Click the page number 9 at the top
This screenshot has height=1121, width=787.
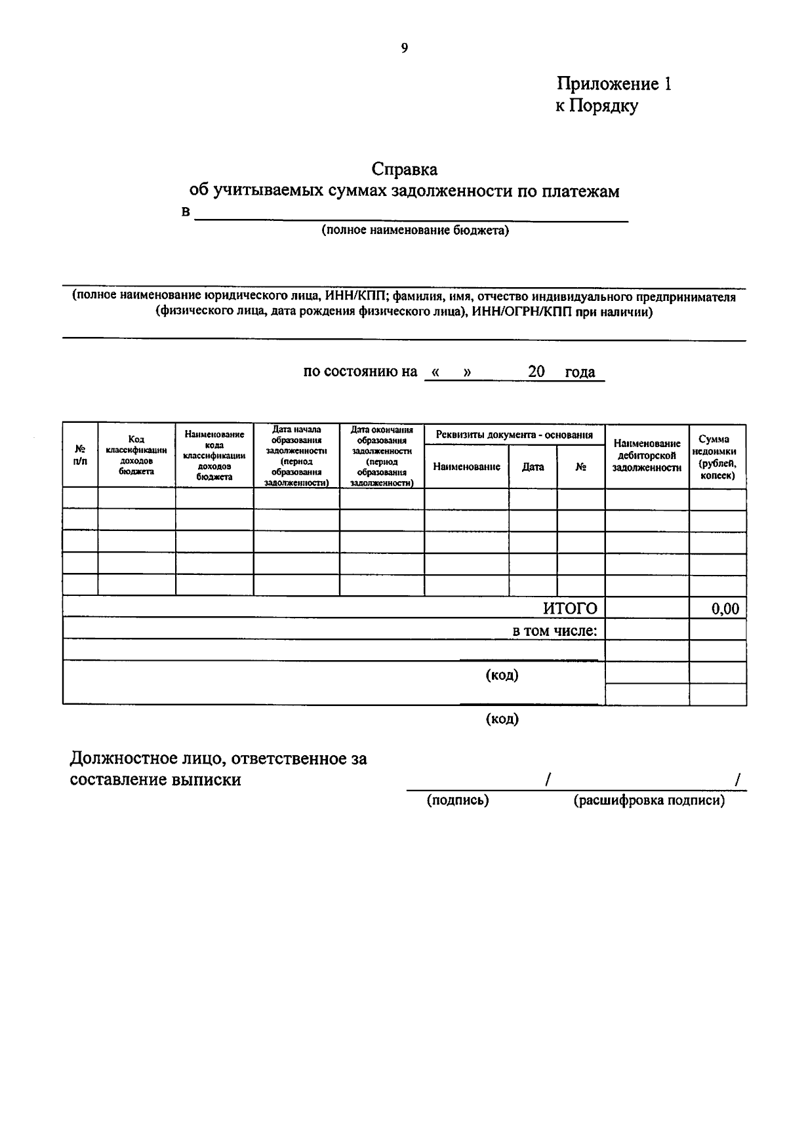click(404, 48)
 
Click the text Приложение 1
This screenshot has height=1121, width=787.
click(614, 84)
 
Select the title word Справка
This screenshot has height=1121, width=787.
click(405, 169)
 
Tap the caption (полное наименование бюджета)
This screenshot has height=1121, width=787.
click(414, 230)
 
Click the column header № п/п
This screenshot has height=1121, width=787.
click(80, 455)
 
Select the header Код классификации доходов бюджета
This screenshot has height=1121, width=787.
click(136, 455)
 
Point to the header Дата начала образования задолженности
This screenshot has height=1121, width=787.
click(296, 456)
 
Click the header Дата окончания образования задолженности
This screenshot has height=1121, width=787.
click(382, 456)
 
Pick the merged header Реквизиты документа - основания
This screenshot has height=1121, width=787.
click(514, 435)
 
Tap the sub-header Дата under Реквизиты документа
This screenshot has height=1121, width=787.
click(533, 467)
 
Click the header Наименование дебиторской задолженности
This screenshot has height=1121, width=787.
click(647, 456)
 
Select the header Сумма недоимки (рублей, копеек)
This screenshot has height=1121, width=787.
click(717, 456)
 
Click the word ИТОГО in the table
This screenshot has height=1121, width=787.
click(570, 608)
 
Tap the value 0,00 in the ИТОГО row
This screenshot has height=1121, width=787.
click(725, 608)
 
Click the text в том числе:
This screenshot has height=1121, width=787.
click(555, 631)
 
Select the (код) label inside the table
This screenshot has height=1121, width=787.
click(502, 675)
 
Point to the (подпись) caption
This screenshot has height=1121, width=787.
click(458, 800)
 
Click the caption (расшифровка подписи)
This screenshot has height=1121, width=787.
click(649, 800)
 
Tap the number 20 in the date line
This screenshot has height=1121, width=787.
click(536, 372)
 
